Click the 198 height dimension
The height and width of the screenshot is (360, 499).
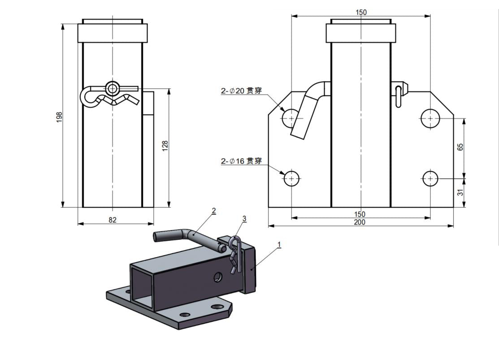pos(59,117)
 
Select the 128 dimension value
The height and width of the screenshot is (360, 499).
pos(165,146)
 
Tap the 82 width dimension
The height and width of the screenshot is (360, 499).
pos(113,220)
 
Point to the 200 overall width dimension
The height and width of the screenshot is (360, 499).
pos(360,222)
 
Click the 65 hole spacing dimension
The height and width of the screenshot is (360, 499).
pos(460,147)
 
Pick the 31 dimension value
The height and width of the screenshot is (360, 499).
pos(460,192)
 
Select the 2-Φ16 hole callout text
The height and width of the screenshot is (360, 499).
pos(241,161)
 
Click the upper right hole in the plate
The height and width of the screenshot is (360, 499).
pos(430,118)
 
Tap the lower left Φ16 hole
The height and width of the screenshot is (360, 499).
pos(292,178)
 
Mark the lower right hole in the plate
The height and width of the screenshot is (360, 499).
pos(430,179)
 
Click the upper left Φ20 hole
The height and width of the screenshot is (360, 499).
pos(291,118)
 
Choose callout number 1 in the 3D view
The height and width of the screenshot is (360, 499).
pos(279,245)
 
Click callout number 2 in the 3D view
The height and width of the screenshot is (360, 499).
pos(214,210)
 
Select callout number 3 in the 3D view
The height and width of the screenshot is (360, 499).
pos(244,219)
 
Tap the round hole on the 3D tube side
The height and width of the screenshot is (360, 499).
pos(217,277)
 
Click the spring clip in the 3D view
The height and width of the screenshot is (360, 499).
pos(235,256)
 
